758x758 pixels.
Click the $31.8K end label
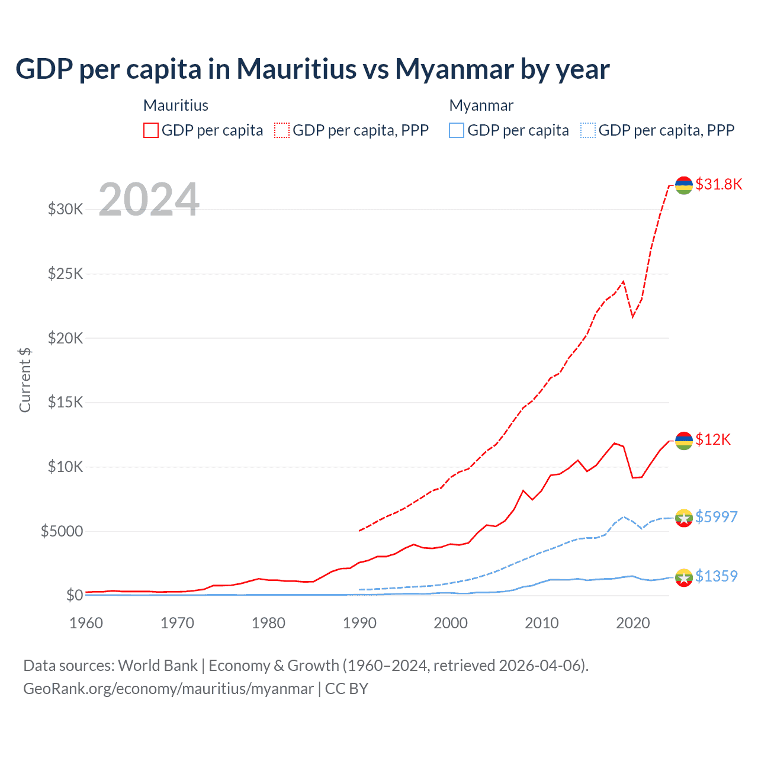click(x=718, y=184)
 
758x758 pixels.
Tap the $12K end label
click(x=713, y=439)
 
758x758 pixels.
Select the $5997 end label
click(x=716, y=517)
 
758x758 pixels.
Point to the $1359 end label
click(x=716, y=576)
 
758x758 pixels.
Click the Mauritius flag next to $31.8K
click(x=684, y=185)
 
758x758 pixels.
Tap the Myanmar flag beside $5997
click(x=684, y=518)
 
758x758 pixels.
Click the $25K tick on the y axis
click(x=65, y=274)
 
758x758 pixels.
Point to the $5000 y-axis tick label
click(x=62, y=531)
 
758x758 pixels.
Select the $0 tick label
click(x=74, y=595)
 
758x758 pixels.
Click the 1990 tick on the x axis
click(x=359, y=623)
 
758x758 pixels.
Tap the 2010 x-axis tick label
click(x=542, y=623)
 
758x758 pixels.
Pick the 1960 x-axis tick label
click(x=86, y=623)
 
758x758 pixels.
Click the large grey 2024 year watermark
click(x=149, y=200)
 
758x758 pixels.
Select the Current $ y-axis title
click(x=25, y=380)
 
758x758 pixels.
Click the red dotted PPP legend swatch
click(x=282, y=130)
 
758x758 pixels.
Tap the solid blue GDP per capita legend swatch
click(x=456, y=130)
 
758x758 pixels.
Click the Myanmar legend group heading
click(x=481, y=105)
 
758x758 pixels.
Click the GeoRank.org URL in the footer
click(x=168, y=689)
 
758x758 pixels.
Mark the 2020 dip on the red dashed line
click(x=632, y=317)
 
